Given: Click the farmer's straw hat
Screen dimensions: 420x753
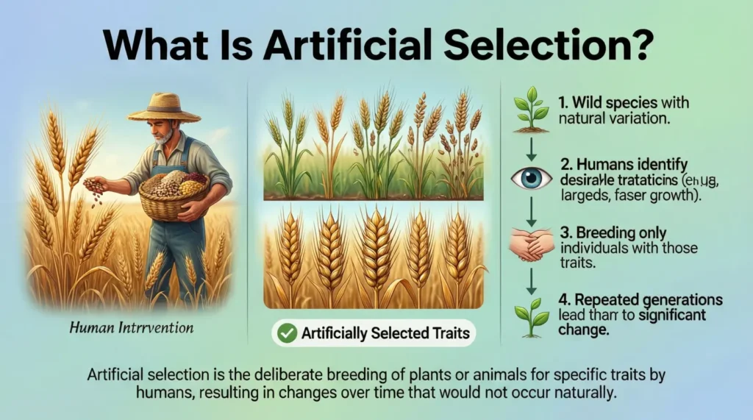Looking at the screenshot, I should tap(163, 107).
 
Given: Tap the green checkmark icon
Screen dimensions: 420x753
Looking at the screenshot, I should tap(287, 333).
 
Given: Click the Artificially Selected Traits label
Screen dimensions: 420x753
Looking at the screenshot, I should tap(385, 333).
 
